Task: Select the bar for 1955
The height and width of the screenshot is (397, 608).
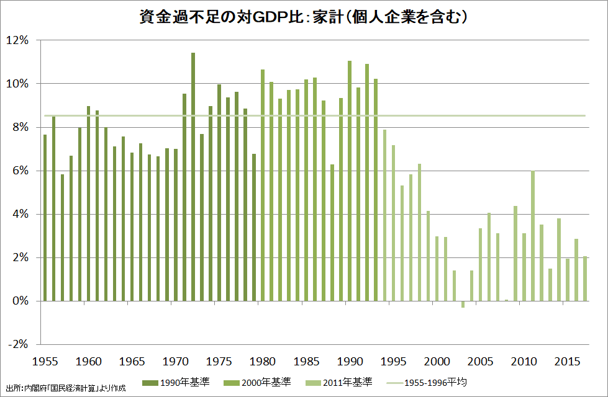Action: tap(45, 218)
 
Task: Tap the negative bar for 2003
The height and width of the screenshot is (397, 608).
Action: tap(463, 304)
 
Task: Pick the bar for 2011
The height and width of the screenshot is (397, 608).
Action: tap(532, 236)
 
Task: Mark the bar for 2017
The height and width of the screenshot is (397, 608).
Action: tap(584, 279)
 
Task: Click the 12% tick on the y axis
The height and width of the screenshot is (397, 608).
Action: tap(19, 40)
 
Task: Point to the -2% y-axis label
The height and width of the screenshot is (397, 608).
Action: tap(19, 345)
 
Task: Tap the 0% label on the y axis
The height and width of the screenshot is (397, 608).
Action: tap(21, 301)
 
